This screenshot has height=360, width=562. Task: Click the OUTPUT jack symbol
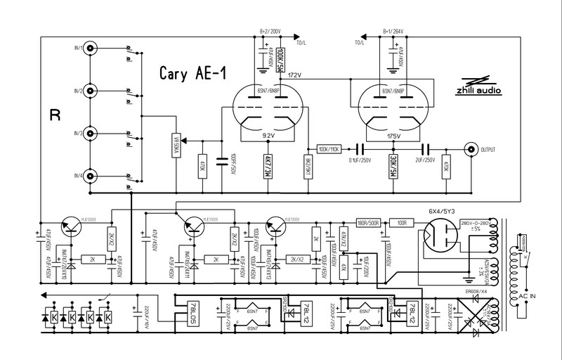[469, 149]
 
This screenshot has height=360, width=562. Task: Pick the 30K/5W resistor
[393, 167]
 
